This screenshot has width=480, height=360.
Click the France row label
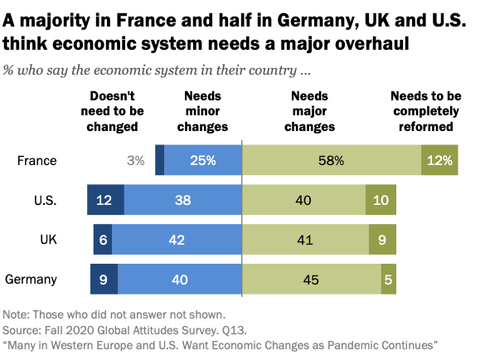(36, 160)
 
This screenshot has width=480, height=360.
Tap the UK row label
(48, 240)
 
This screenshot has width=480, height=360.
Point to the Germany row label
(32, 280)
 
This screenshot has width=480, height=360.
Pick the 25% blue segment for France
(202, 160)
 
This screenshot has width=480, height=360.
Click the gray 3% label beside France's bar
(136, 160)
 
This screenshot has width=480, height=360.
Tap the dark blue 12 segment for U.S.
(105, 200)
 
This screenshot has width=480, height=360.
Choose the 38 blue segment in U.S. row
(182, 200)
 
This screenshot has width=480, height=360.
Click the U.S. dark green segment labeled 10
(381, 200)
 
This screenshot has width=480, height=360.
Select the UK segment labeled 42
(176, 240)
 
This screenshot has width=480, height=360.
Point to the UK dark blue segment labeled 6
(102, 240)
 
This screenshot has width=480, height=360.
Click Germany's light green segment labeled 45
(311, 280)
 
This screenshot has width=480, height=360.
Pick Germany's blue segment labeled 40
(179, 280)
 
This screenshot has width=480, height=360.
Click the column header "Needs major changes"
(309, 112)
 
